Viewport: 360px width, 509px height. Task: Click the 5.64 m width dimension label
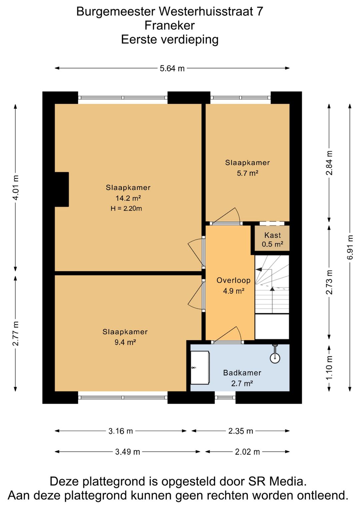[x=172, y=68]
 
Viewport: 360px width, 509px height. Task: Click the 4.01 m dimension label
[x=15, y=188]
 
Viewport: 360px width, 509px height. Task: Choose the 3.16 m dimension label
[x=120, y=431]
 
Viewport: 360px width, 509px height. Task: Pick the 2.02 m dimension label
[x=247, y=452]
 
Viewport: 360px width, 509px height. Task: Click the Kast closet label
[x=272, y=235]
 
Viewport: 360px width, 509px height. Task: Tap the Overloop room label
[x=233, y=280]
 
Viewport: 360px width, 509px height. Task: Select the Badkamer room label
[x=242, y=373]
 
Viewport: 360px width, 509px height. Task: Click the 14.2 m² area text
[x=128, y=198]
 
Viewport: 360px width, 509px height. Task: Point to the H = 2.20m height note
[x=126, y=208]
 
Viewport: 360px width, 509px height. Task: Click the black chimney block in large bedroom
[x=62, y=189]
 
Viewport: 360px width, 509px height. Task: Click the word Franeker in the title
[x=170, y=25]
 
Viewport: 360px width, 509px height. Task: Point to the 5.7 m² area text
[x=248, y=173]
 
